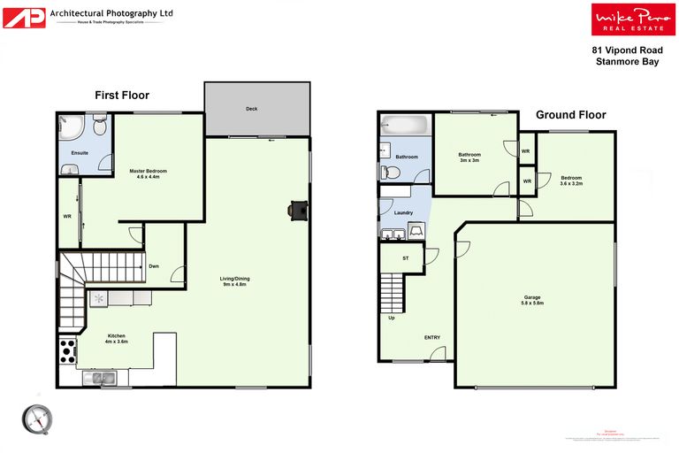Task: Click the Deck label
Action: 251,110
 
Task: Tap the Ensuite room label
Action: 80,152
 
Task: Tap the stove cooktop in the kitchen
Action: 66,352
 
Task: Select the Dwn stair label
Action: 154,266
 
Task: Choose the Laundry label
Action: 403,212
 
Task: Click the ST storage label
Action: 406,258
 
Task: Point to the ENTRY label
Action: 432,337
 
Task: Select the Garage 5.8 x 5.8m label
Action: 532,300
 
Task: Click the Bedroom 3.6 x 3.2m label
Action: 571,180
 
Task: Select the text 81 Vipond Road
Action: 627,50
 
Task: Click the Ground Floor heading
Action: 570,115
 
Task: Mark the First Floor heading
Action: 122,96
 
